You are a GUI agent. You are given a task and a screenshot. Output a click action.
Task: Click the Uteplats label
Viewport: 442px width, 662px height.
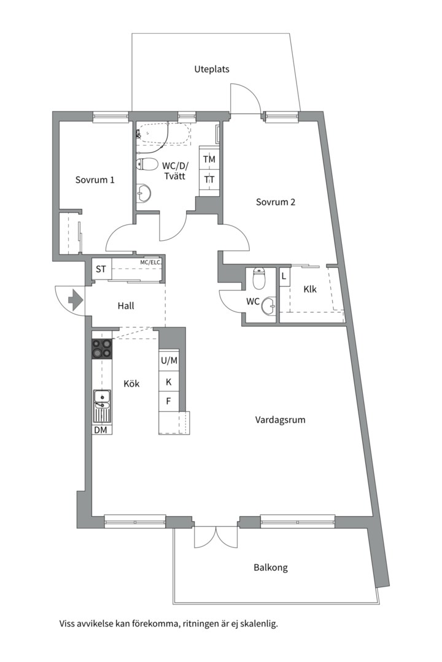212,69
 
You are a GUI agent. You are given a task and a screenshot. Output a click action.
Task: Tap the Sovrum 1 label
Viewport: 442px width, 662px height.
95,180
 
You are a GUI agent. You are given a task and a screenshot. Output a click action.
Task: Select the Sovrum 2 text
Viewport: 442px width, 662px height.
276,202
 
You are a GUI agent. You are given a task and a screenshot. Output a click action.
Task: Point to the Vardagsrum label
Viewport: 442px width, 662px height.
280,420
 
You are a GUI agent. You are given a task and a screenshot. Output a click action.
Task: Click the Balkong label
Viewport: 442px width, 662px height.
271,568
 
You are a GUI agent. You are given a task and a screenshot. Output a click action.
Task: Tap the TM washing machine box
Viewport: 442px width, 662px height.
209,159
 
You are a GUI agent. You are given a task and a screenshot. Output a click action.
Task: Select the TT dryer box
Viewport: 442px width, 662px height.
209,180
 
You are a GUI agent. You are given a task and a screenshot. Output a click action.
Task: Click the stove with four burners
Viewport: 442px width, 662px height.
102,349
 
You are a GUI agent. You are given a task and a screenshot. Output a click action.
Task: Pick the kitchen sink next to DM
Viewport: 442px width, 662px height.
102,401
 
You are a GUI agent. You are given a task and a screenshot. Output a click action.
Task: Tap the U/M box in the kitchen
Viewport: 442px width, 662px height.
169,361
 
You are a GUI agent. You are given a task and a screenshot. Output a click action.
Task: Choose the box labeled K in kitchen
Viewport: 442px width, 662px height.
169,382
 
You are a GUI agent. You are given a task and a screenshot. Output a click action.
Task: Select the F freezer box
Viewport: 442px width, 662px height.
169,402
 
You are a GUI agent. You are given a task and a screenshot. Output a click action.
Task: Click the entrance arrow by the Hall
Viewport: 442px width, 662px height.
75,300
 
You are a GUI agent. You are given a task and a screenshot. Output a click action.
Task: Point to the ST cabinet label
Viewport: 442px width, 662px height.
101,270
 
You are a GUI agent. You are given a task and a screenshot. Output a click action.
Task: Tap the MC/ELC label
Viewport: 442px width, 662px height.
150,263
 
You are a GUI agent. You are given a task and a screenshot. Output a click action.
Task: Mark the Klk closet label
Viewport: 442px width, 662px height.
310,289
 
